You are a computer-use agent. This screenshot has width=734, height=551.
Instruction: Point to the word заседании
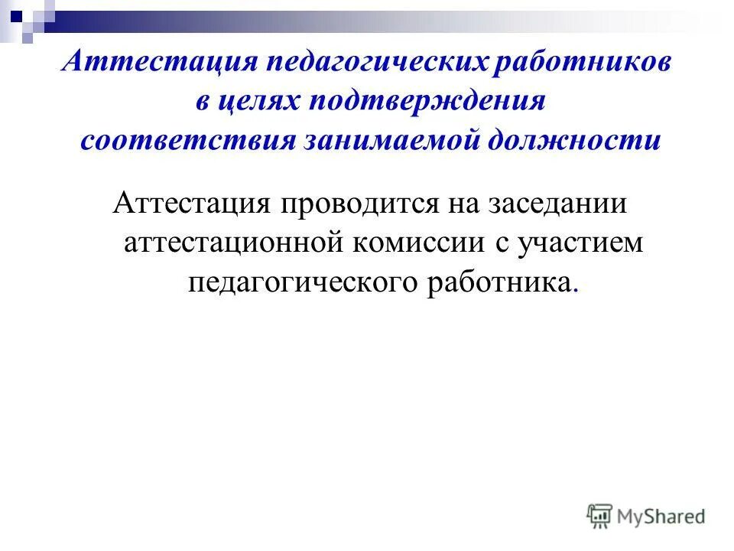coord(567,204)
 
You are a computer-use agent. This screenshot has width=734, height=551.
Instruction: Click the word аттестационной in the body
coord(232,243)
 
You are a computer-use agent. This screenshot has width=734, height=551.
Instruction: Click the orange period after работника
coord(575,290)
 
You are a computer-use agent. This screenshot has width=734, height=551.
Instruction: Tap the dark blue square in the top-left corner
coord(16,14)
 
